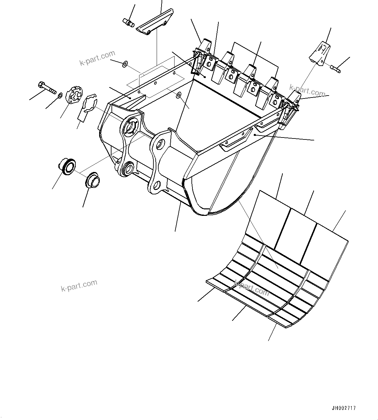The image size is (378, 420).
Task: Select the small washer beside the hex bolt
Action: [x=60, y=95]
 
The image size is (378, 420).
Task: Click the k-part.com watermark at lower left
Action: [x=79, y=285]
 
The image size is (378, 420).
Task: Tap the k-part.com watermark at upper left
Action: [x=97, y=57]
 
